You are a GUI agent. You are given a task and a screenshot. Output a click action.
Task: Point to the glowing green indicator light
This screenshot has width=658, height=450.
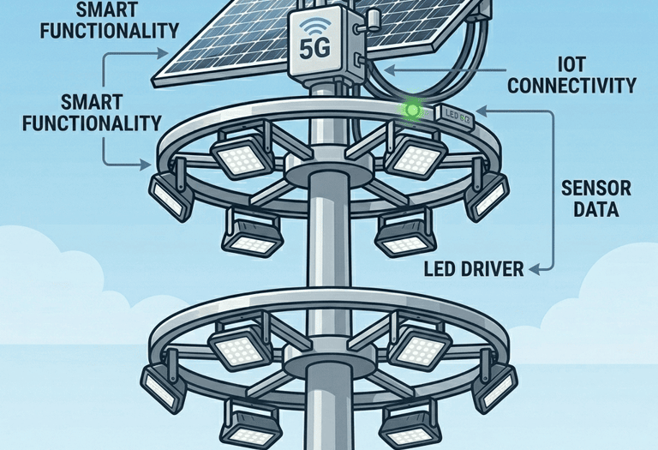click(413, 110)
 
